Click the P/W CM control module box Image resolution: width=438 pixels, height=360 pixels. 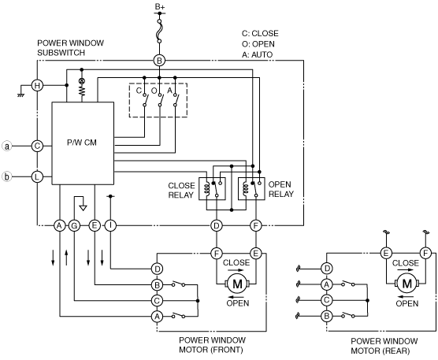coord(83,143)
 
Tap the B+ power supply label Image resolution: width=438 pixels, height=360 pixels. coord(160,6)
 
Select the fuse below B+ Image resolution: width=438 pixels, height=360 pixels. coord(159,32)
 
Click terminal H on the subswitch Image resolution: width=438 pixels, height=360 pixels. coord(37,85)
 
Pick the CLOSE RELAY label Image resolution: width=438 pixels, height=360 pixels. coord(181,190)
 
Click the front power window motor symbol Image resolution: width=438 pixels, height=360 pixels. coord(237,284)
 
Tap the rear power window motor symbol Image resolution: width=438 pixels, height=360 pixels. coord(406,284)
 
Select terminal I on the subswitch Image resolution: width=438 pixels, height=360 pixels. coord(110,225)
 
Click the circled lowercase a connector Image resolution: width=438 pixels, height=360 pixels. coord(7,146)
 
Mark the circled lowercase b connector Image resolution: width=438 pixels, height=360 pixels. coord(7,176)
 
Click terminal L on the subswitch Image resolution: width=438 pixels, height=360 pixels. coord(37,176)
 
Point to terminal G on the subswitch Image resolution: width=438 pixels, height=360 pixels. coord(74,225)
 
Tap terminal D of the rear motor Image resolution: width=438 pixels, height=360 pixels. coord(327,269)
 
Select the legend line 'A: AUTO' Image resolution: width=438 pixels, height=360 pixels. coord(257,54)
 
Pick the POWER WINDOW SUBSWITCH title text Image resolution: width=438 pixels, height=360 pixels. coord(70,48)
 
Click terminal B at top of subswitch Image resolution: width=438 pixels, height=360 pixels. coord(159,61)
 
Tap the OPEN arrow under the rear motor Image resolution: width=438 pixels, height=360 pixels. coord(406,297)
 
